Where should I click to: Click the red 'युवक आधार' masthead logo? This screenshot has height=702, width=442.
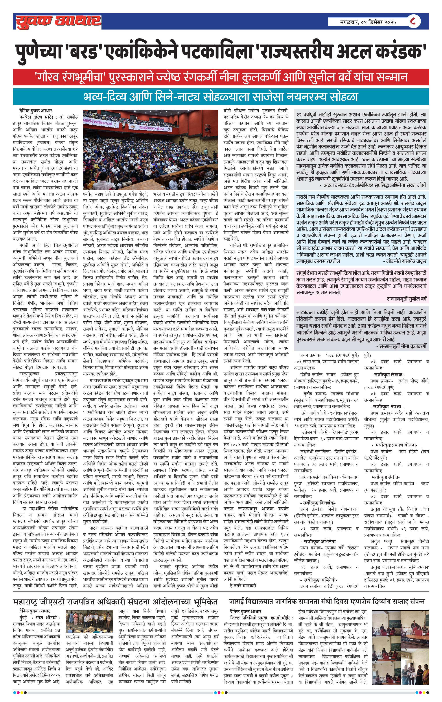point(58,21)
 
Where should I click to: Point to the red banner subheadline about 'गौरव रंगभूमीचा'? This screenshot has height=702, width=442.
point(221,77)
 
